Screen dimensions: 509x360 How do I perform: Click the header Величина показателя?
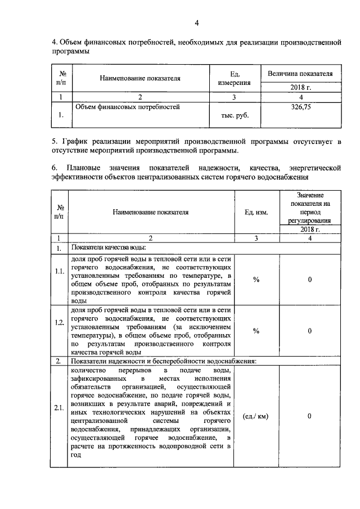click(300, 74)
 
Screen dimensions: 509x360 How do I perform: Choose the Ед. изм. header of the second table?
click(256, 212)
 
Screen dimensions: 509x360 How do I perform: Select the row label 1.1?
click(59, 272)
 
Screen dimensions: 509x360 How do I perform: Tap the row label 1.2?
click(59, 331)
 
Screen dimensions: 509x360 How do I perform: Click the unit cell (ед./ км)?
click(256, 417)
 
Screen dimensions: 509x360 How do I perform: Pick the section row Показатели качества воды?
click(109, 247)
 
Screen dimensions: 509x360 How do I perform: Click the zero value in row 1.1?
click(309, 280)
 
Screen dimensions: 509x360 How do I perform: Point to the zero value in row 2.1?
click(309, 417)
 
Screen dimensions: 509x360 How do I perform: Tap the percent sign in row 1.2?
click(256, 331)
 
